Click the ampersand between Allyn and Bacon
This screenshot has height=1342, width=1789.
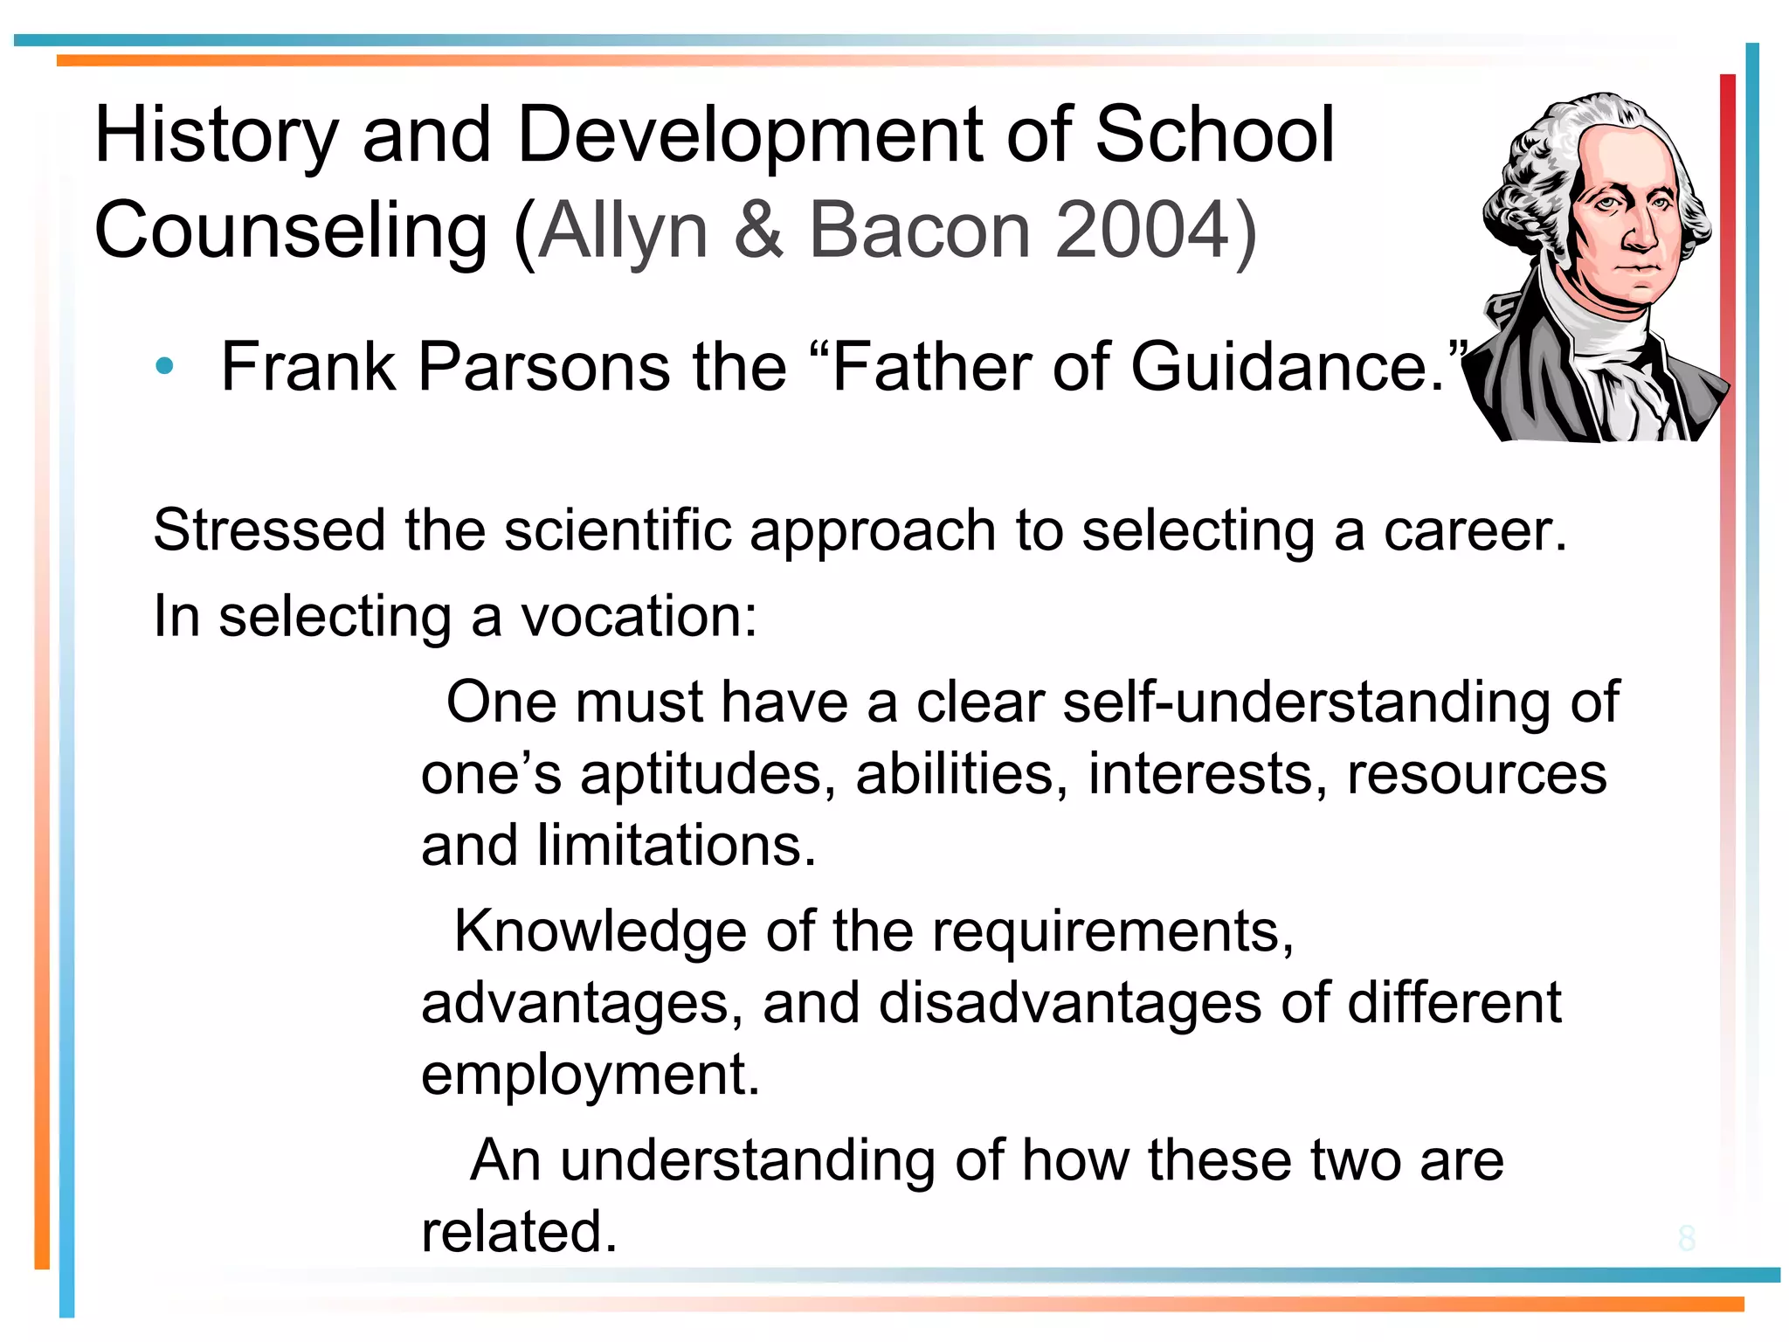pos(758,231)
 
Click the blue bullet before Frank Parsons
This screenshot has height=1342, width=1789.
pos(163,367)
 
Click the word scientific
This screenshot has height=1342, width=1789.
pos(618,530)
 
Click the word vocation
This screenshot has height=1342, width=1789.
pos(639,616)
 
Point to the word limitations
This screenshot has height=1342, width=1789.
pos(676,846)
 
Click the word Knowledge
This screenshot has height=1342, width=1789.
pos(601,931)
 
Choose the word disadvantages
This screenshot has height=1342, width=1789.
pos(1069,1003)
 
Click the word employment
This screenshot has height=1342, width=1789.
pos(591,1075)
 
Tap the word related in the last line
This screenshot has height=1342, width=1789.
pos(519,1232)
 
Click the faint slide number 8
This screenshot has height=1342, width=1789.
pos(1686,1238)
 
